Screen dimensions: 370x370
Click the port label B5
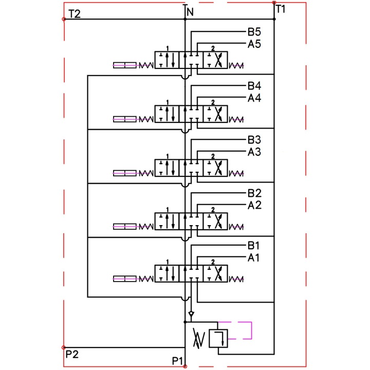[254, 32]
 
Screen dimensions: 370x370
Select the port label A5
[254, 44]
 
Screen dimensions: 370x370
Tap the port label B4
[254, 86]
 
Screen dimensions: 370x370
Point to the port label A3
[254, 152]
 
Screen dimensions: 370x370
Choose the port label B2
[254, 193]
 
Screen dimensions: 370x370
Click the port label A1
[253, 257]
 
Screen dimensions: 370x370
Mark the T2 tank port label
[75, 14]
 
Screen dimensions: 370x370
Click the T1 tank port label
[281, 9]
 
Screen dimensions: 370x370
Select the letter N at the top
[190, 12]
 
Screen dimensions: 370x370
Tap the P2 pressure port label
[72, 354]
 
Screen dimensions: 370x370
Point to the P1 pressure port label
[177, 361]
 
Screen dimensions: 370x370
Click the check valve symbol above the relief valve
[191, 314]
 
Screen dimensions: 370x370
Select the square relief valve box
[218, 338]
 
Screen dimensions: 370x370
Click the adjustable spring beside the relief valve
[199, 338]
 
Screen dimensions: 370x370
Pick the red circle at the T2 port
[64, 19]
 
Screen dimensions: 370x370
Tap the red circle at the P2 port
[64, 347]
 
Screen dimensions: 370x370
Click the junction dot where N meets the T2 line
[185, 19]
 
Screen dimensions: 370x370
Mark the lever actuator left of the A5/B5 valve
[125, 65]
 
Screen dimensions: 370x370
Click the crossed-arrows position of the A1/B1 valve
[215, 274]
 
